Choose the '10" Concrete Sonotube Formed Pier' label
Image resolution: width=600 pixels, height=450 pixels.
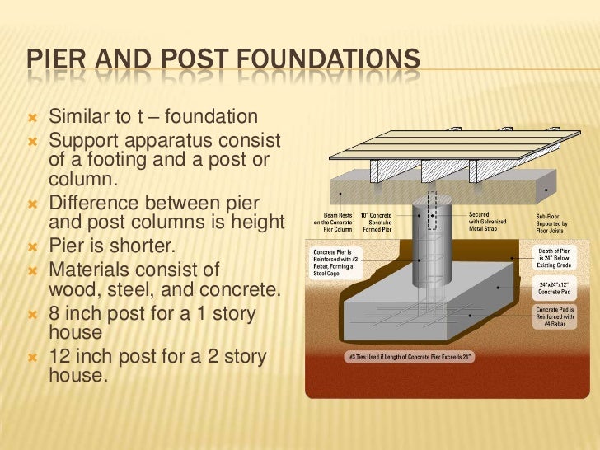click(x=381, y=223)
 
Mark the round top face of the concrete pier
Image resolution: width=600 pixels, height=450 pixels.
click(x=432, y=200)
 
